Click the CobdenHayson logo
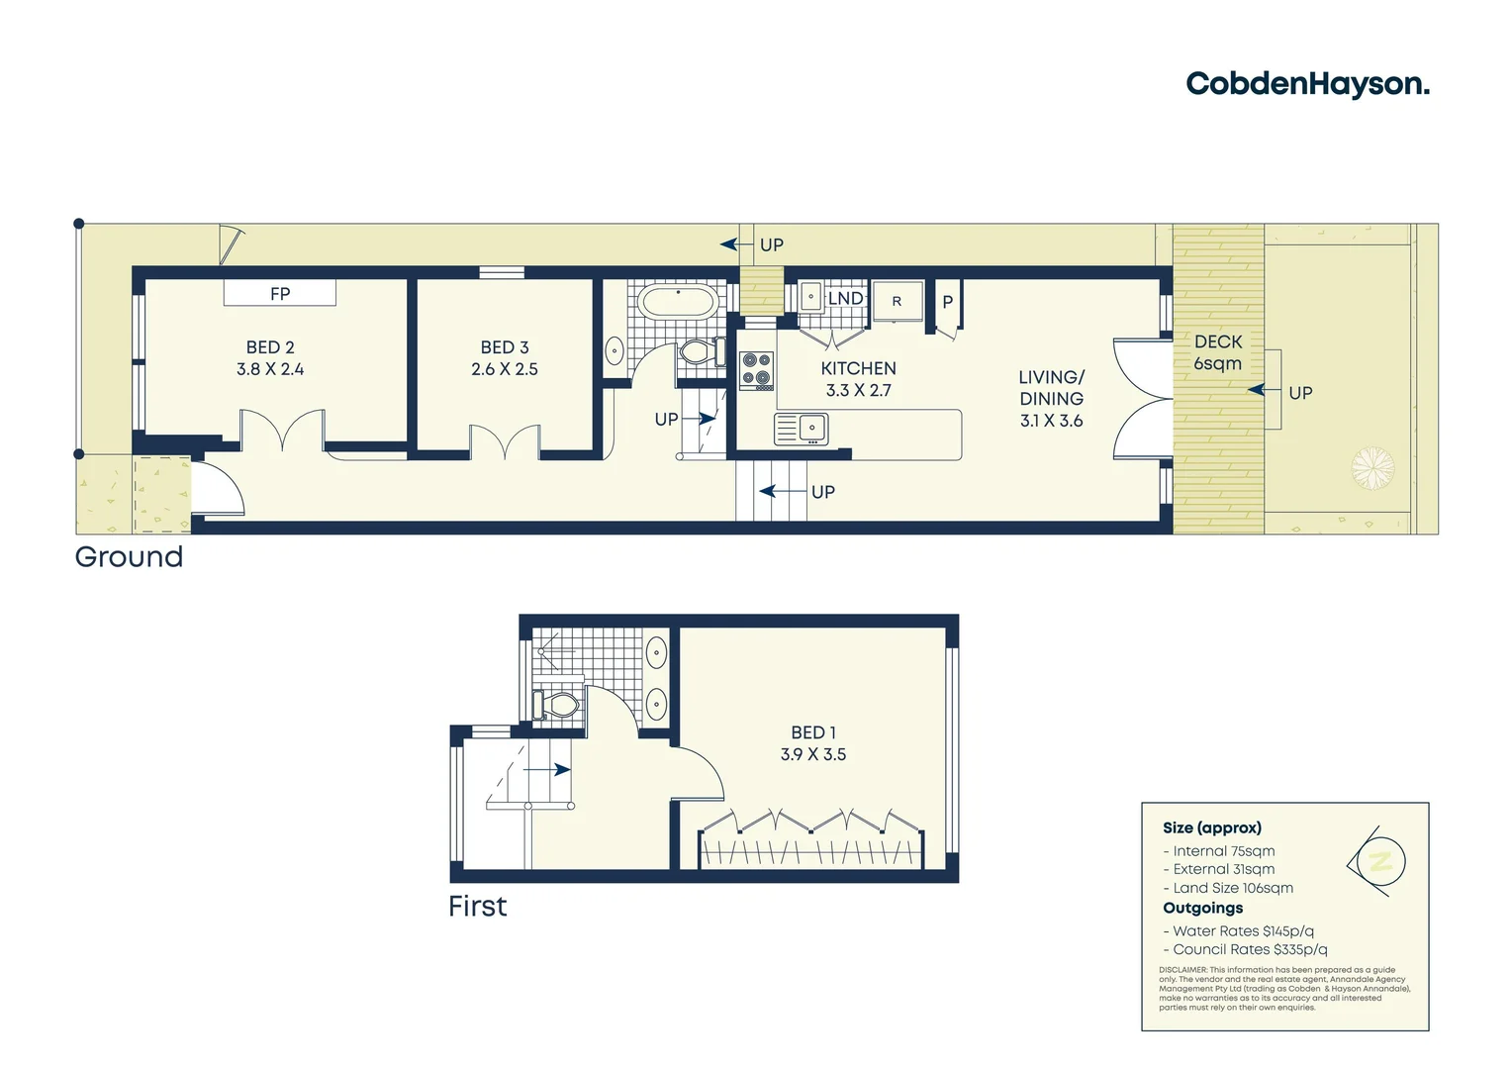pyautogui.click(x=1307, y=84)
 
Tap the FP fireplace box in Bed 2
pyautogui.click(x=280, y=293)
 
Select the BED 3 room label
pyautogui.click(x=505, y=347)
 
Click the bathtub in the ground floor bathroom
pyautogui.click(x=678, y=302)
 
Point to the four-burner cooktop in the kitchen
pyautogui.click(x=757, y=370)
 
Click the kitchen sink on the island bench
pyautogui.click(x=803, y=429)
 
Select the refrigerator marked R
pyautogui.click(x=898, y=302)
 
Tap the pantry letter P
pyautogui.click(x=947, y=302)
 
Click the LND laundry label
pyautogui.click(x=846, y=298)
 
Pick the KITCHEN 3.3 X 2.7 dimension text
pyautogui.click(x=858, y=390)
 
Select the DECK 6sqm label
pyautogui.click(x=1217, y=352)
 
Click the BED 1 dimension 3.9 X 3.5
pyautogui.click(x=812, y=754)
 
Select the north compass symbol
pyautogui.click(x=1377, y=861)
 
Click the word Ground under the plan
pyautogui.click(x=130, y=557)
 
